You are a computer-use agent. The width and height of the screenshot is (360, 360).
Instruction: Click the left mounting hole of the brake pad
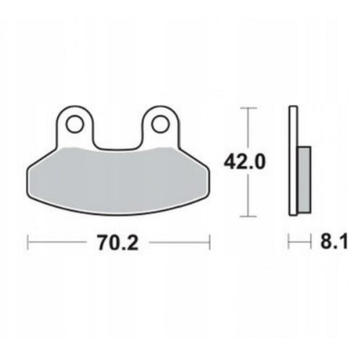[76, 124]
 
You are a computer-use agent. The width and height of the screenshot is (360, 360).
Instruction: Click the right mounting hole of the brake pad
[161, 124]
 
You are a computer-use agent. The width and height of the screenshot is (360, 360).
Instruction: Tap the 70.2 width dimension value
[117, 243]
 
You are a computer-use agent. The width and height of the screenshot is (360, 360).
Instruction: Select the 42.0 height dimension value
[245, 162]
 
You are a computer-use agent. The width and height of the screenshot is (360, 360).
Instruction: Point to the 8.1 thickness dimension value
[333, 243]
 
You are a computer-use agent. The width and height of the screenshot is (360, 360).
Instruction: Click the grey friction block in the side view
[305, 179]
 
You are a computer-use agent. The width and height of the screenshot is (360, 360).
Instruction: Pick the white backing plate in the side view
[293, 161]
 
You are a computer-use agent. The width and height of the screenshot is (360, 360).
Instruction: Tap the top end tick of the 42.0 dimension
[248, 108]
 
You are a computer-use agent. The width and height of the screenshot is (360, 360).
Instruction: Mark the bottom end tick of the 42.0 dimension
[248, 216]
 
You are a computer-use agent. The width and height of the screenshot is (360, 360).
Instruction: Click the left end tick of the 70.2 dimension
[28, 243]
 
